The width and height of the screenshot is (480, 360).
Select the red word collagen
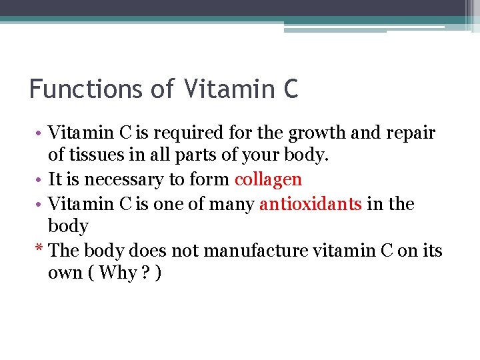[x=268, y=179]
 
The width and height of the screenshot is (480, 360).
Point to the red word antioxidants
[x=311, y=203]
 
